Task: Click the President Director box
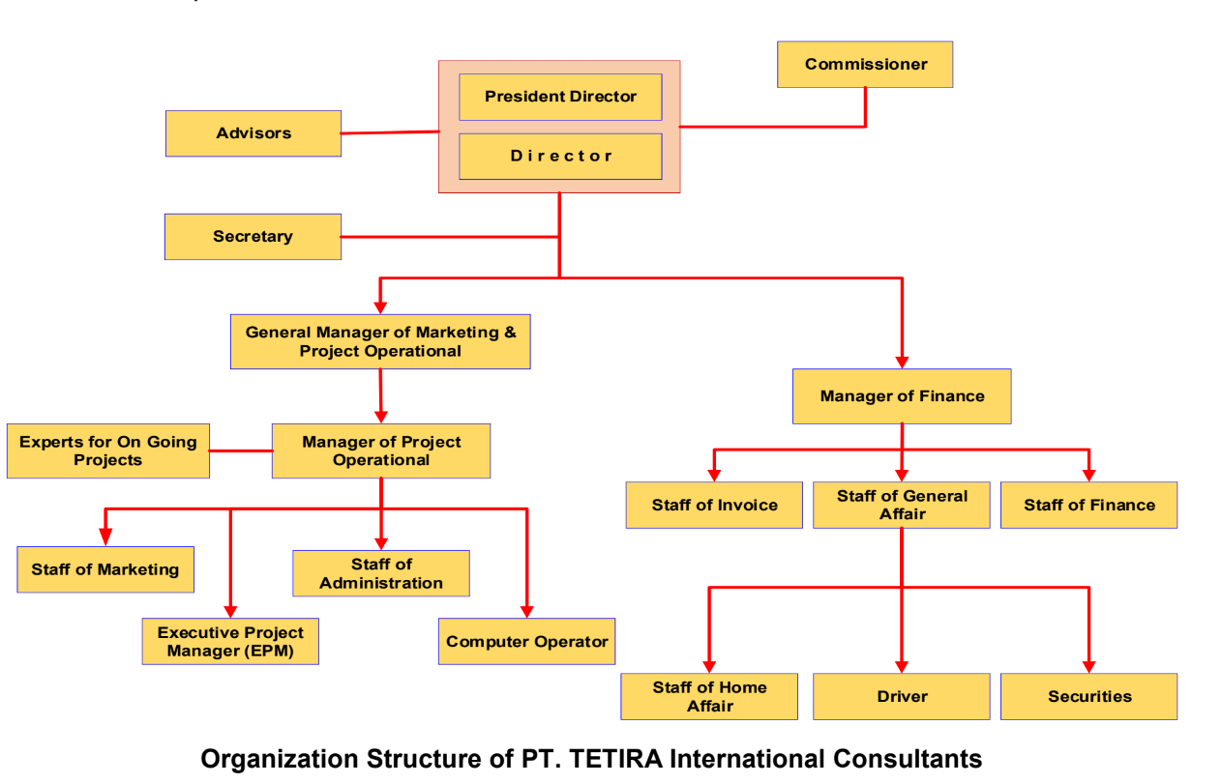point(560,97)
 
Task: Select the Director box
point(560,157)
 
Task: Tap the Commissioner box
point(865,65)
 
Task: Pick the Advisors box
point(253,133)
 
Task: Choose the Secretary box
point(253,237)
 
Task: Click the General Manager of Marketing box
point(380,341)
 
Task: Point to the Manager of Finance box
point(902,396)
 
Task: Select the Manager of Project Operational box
point(381,450)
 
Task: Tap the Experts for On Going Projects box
point(108,450)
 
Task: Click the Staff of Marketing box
point(105,569)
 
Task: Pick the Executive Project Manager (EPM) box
point(230,642)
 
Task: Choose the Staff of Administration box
point(381,573)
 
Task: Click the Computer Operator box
point(526,642)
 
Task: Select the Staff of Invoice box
point(714,505)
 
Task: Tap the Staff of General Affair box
point(902,505)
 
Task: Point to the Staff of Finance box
point(1088,505)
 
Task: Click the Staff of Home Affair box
point(709,696)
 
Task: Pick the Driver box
point(902,696)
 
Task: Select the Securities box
point(1088,696)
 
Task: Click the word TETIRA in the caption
point(618,759)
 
